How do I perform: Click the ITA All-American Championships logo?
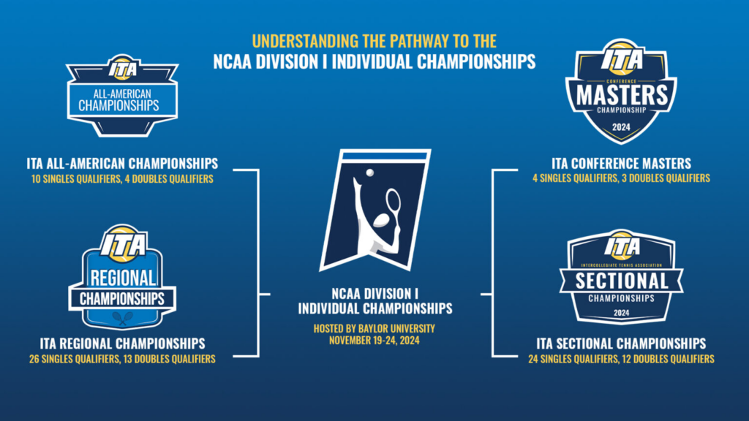(x=122, y=96)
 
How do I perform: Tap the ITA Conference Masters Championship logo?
(x=621, y=91)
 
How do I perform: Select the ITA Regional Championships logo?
(x=122, y=277)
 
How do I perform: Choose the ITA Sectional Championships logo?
(x=621, y=277)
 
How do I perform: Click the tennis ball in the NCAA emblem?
(x=369, y=172)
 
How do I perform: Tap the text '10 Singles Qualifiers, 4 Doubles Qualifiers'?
(x=122, y=179)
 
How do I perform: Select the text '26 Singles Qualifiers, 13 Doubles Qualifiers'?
(x=122, y=359)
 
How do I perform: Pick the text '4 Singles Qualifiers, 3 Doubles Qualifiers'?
(x=621, y=178)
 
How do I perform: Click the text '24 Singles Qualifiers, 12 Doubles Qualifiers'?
(x=621, y=359)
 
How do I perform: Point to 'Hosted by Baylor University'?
(x=374, y=328)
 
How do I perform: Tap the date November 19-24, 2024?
(x=374, y=341)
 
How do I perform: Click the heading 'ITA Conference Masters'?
(x=621, y=164)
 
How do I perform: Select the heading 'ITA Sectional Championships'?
(x=621, y=344)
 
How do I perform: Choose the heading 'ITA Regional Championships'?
(x=122, y=344)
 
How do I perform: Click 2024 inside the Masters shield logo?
(x=621, y=127)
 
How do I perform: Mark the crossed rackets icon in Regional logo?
(x=123, y=318)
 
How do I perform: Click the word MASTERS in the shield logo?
(x=622, y=95)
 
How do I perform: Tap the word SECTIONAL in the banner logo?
(x=622, y=281)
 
